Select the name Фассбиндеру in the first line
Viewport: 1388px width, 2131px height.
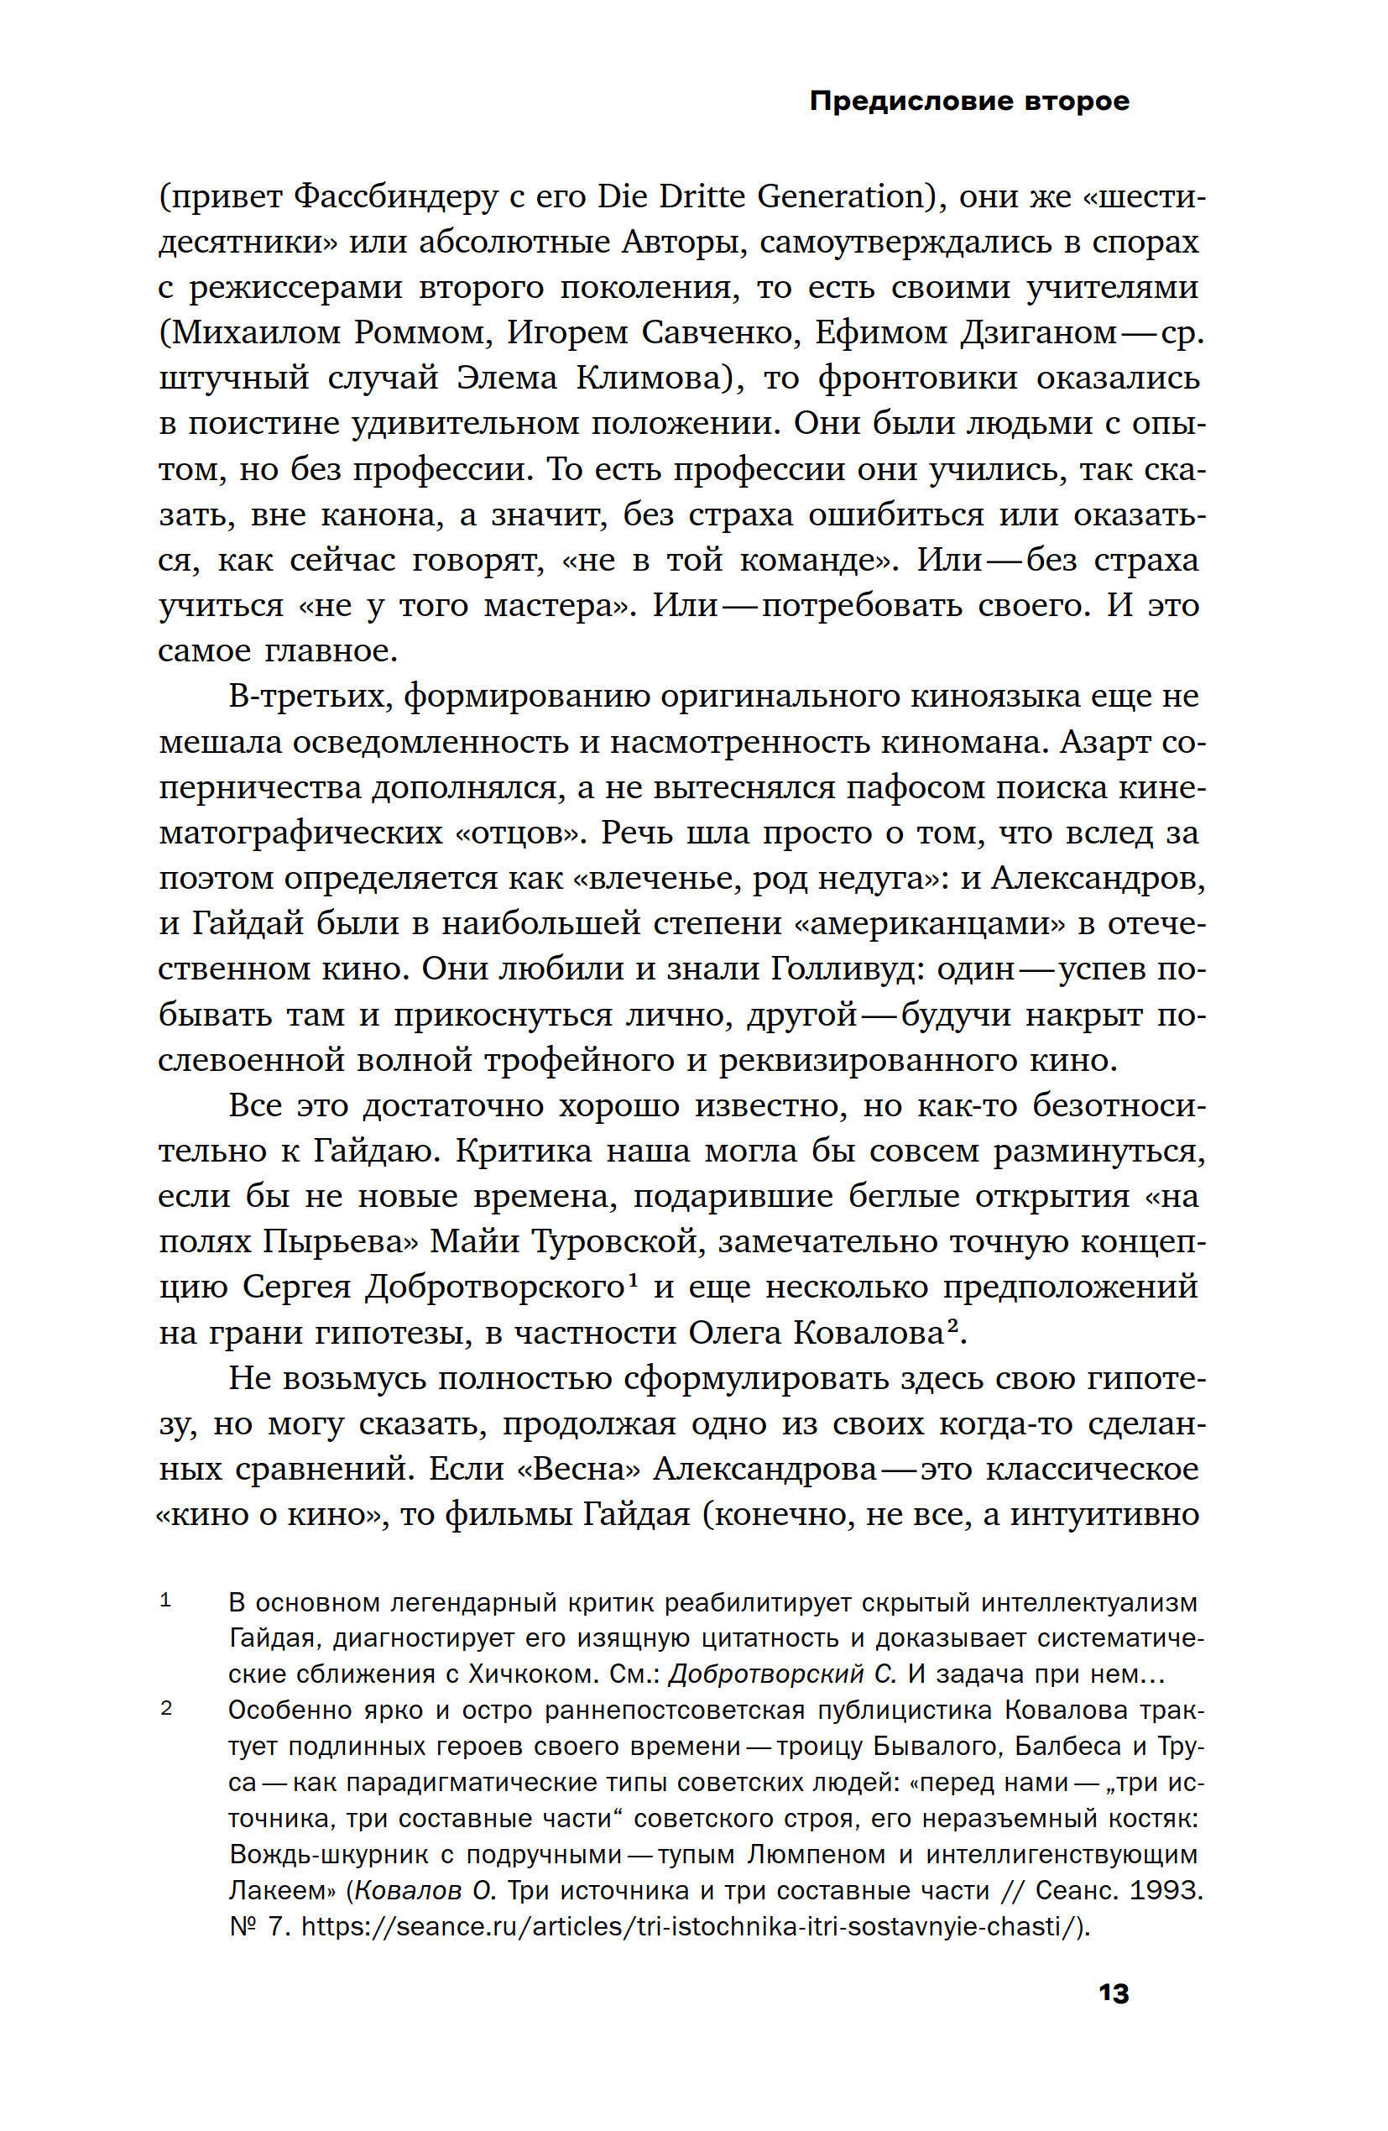click(395, 197)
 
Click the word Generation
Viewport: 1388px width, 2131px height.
click(840, 197)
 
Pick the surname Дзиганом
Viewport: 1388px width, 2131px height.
click(1039, 333)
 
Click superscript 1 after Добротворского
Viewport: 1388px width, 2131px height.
click(632, 1281)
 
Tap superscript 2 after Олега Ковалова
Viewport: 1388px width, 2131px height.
click(952, 1326)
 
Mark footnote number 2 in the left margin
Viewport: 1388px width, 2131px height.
click(165, 1708)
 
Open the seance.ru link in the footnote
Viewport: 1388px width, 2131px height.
click(694, 1926)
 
